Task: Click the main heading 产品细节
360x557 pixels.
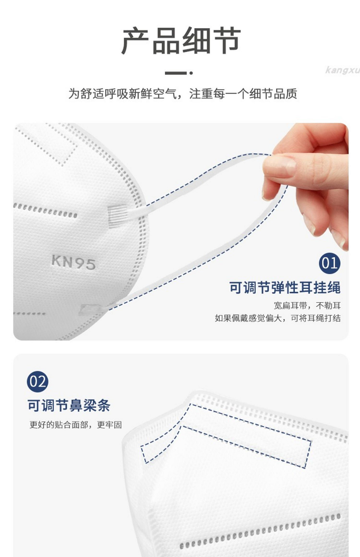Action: (181, 40)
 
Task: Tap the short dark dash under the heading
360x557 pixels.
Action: (175, 73)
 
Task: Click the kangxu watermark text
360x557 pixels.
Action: (342, 70)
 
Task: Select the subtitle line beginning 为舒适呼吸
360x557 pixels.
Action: (183, 94)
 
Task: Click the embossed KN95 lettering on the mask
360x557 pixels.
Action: (73, 262)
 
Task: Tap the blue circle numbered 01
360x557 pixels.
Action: (330, 263)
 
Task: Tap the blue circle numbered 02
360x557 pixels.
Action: (37, 382)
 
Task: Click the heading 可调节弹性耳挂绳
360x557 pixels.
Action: (285, 287)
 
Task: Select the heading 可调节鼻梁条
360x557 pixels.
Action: (69, 405)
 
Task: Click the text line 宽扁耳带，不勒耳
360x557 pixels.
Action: (307, 305)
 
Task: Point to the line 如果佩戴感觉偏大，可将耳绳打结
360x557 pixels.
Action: (278, 318)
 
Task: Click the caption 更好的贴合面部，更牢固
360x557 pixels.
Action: (76, 425)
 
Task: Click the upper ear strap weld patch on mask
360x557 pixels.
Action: (117, 216)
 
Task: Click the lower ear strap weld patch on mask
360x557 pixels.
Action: (90, 310)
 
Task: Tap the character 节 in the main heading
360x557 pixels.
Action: (227, 40)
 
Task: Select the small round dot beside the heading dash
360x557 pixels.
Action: (191, 73)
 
